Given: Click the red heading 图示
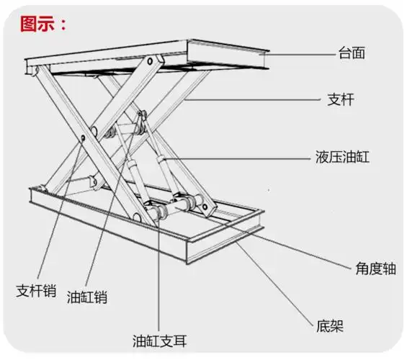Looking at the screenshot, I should tap(43, 23).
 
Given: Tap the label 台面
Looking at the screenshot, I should tap(353, 53).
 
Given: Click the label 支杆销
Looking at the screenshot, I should tap(37, 292).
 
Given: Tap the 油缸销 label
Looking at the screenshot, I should tap(87, 296).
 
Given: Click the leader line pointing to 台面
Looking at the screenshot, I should tap(303, 53).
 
